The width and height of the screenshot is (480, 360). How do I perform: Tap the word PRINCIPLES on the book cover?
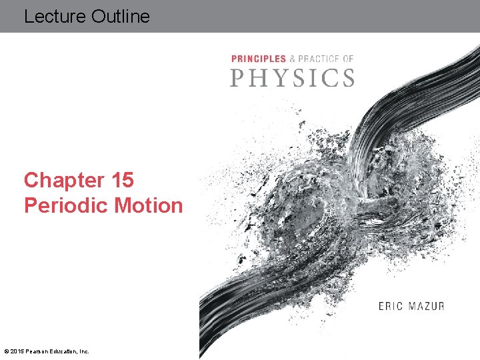pos(259,59)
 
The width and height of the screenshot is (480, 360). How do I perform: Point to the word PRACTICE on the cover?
pos(319,59)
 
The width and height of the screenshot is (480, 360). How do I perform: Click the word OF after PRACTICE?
pos(348,59)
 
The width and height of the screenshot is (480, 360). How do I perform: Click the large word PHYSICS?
pos(292,77)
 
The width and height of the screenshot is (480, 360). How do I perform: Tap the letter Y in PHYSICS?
pos(277,77)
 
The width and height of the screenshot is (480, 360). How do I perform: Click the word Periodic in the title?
pos(66,205)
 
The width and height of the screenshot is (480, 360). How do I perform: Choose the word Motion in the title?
pos(148,205)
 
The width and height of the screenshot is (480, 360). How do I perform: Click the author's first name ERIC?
pos(391,307)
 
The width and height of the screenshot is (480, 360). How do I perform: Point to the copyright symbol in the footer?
pos(7,351)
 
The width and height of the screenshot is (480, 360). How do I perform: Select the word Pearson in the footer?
pos(37,351)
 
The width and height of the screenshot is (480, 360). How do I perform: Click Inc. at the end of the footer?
pos(83,351)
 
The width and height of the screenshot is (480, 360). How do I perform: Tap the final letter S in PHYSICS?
pos(347,77)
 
